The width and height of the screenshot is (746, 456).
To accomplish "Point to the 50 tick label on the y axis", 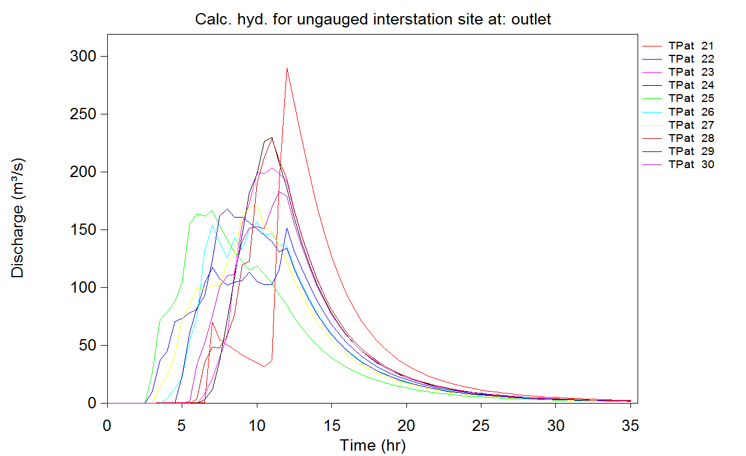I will [85, 346].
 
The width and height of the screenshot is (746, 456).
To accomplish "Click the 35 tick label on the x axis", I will [630, 426].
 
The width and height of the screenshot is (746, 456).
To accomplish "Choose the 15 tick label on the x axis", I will [331, 426].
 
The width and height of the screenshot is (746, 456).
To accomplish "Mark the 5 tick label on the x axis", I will [182, 426].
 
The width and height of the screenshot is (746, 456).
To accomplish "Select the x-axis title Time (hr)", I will [372, 445].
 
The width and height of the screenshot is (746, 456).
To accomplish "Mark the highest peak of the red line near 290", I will [287, 68].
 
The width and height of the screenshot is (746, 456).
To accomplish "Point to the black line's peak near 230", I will [272, 138].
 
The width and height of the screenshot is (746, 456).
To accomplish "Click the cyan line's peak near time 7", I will [212, 225].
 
